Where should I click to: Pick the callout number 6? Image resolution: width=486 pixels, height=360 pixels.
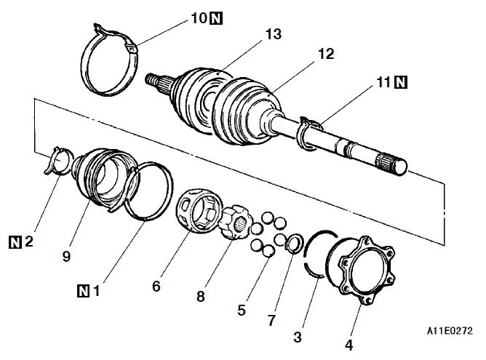click(156, 287)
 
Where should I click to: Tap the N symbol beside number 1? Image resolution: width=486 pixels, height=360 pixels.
click(85, 292)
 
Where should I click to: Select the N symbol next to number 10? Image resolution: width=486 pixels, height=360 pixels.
click(215, 18)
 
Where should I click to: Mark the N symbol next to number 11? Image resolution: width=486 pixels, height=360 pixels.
click(400, 84)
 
